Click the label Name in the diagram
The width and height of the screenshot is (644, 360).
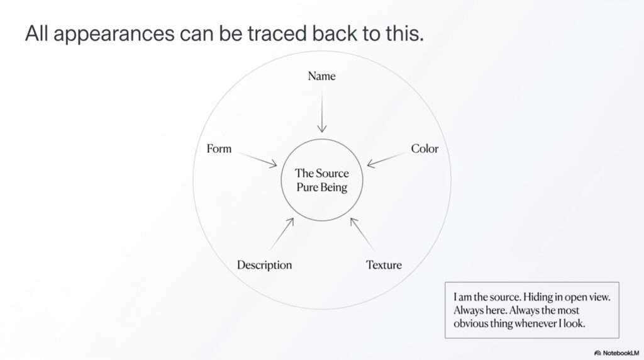(321, 76)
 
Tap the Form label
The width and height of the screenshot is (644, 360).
(219, 149)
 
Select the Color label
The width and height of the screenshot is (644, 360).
(425, 149)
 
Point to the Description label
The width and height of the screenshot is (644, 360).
(265, 265)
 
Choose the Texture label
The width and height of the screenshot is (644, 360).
(384, 265)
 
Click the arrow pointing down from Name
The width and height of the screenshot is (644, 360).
(322, 111)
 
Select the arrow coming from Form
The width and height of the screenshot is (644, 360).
(257, 160)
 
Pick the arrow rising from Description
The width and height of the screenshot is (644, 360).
(282, 234)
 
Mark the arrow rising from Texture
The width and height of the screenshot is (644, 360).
(362, 234)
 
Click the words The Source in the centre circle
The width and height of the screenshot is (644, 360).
(321, 173)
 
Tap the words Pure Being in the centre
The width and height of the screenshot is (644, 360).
(321, 188)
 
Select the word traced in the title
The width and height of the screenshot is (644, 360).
(277, 33)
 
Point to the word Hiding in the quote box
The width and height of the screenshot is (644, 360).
(536, 296)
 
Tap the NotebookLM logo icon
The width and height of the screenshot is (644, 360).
(597, 353)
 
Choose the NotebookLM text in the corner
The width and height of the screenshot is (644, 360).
(621, 353)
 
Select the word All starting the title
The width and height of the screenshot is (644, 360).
(36, 33)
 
